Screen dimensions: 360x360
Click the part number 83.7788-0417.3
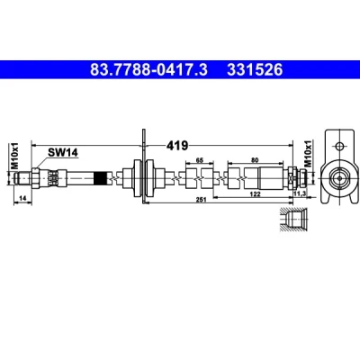point(148,70)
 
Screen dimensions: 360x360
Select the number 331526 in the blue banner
point(255,70)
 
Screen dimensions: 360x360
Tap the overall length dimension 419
point(177,146)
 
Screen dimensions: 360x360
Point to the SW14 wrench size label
point(63,152)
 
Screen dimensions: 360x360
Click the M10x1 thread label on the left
point(15,156)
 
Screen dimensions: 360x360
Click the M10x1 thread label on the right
point(309,153)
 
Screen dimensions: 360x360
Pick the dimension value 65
point(200,160)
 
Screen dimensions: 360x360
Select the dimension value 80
point(255,160)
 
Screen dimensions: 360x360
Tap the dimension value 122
point(255,194)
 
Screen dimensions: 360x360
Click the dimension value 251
point(202,200)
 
